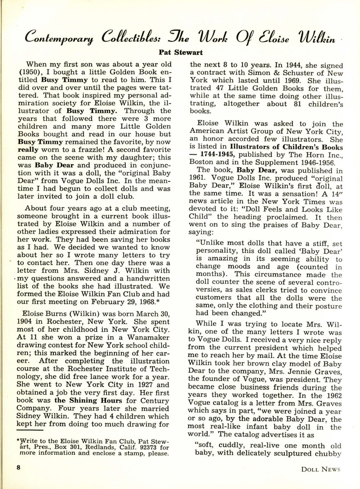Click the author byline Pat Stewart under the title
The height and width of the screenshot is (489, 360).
click(x=180, y=52)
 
